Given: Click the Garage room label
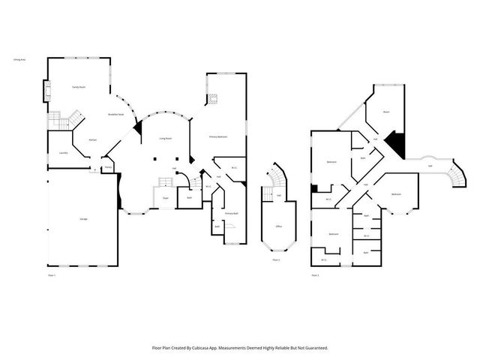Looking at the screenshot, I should pyautogui.click(x=82, y=219).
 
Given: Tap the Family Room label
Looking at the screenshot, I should pyautogui.click(x=78, y=88).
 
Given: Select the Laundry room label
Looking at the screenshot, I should pyautogui.click(x=63, y=153).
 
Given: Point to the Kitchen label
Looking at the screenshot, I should pyautogui.click(x=93, y=140).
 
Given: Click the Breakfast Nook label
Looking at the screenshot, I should pyautogui.click(x=115, y=113).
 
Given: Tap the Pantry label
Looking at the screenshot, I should pyautogui.click(x=108, y=167).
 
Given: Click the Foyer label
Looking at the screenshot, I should pyautogui.click(x=165, y=198).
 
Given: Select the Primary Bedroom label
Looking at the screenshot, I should pyautogui.click(x=219, y=137).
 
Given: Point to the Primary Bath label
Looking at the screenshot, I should pyautogui.click(x=231, y=214).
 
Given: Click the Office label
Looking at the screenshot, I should pyautogui.click(x=278, y=226).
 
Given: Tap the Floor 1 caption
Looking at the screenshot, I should pyautogui.click(x=52, y=276).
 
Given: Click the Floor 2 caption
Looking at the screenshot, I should pyautogui.click(x=276, y=259).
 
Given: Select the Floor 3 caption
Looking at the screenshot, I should pyautogui.click(x=315, y=276).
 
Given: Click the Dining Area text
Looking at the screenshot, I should pyautogui.click(x=19, y=58).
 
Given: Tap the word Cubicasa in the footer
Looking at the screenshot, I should pyautogui.click(x=208, y=348).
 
